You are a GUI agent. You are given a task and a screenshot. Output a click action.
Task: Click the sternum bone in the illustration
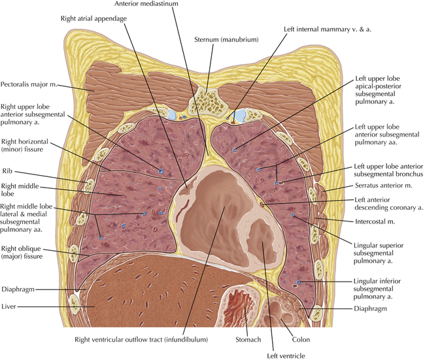click(207, 99)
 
